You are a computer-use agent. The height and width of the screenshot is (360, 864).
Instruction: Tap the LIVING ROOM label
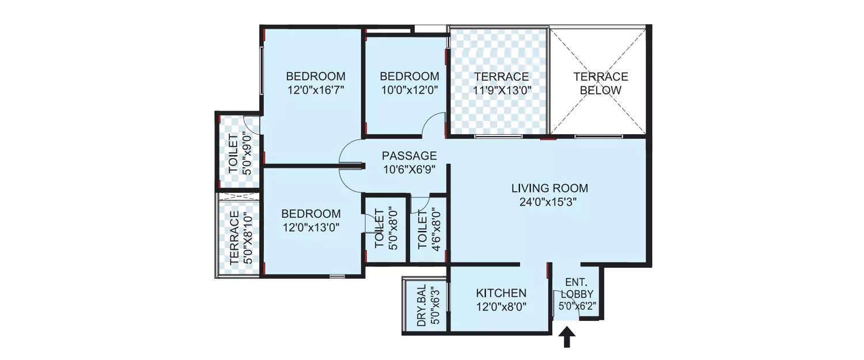pos(550,188)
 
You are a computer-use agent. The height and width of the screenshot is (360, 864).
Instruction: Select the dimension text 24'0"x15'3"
pos(550,202)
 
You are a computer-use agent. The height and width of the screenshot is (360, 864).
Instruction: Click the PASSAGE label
pos(410,156)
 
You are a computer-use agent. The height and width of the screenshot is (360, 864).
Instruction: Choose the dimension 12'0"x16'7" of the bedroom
pos(316,90)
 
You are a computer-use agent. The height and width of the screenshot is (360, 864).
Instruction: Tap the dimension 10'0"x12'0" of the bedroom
pos(409,90)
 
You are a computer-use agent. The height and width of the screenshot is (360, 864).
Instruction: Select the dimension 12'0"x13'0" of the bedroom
pos(311,227)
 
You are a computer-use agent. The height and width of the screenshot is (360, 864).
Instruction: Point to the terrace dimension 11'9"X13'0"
pos(501,90)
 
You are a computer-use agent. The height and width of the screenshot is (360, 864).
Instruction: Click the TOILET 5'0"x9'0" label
pos(239,152)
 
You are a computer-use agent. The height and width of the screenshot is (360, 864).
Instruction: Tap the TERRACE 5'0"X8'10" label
pos(240,238)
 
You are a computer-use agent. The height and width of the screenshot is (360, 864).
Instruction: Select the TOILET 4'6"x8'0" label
pos(427,229)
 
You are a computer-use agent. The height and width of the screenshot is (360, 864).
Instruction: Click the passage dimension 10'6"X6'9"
pos(410,169)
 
